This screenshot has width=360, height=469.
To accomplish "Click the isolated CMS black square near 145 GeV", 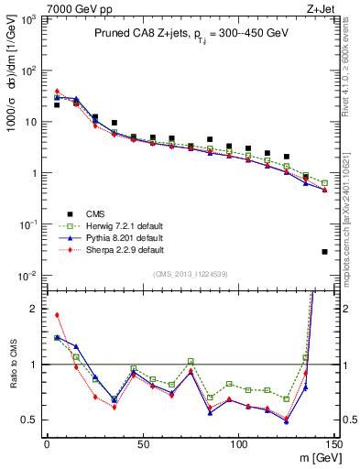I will pos(325,252).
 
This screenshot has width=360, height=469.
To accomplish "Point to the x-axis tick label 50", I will pos(143,445).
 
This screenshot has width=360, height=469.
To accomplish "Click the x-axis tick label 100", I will pos(238,445).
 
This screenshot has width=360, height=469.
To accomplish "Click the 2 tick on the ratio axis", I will pos(37,309).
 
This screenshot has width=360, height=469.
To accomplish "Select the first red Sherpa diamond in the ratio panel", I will pos(57,315).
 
